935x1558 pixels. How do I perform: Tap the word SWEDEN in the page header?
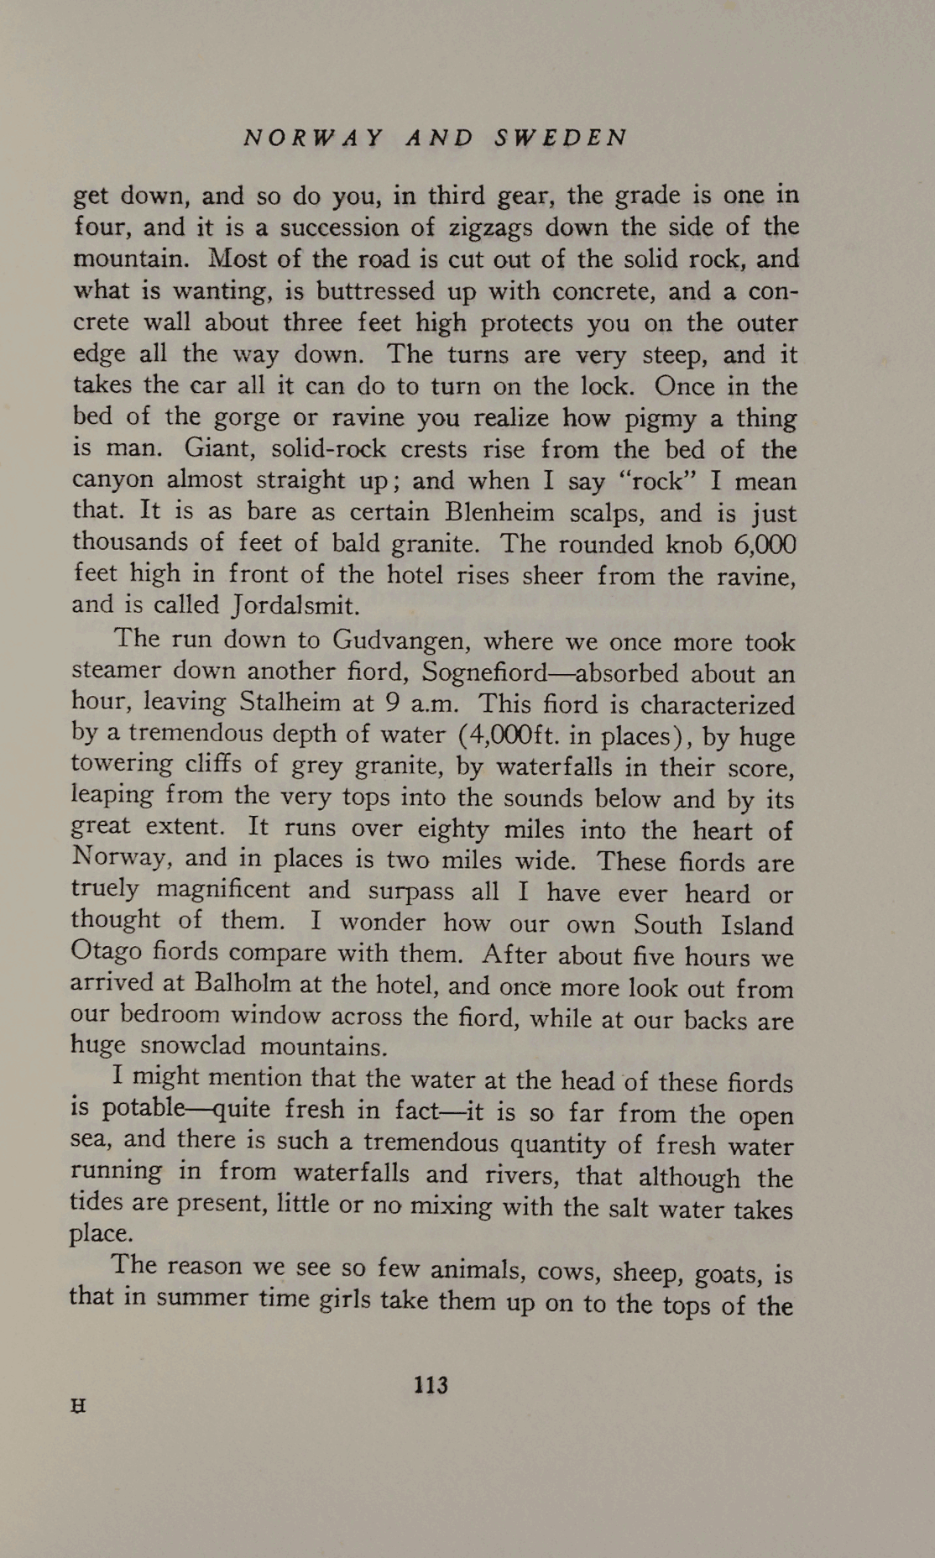tap(561, 138)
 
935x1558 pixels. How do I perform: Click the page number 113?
tap(431, 1384)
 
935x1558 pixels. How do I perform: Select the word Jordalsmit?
tap(295, 605)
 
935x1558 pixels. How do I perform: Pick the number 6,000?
tap(764, 544)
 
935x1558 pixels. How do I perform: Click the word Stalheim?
tap(290, 702)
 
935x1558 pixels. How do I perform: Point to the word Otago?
tap(102, 953)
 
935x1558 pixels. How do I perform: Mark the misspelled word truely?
tap(104, 890)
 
